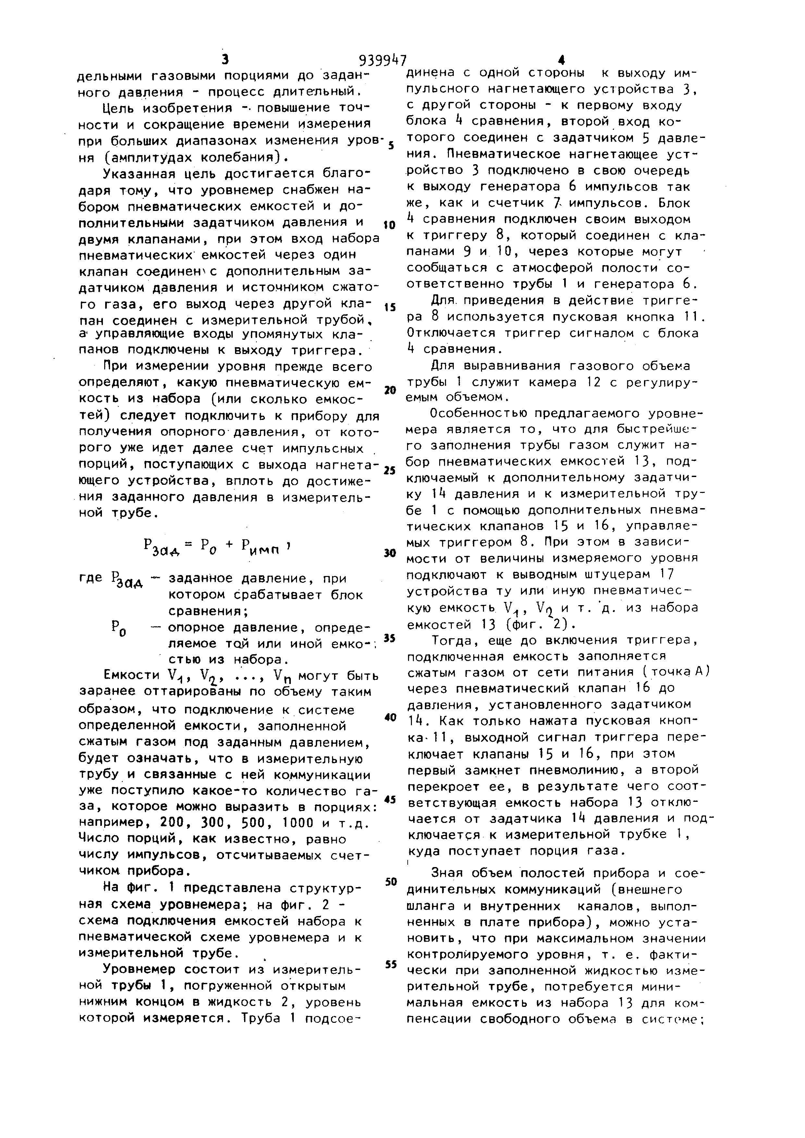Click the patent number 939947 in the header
click(x=382, y=60)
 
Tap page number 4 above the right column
click(x=561, y=60)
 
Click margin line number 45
click(x=390, y=800)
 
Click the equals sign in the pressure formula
click(x=188, y=545)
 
